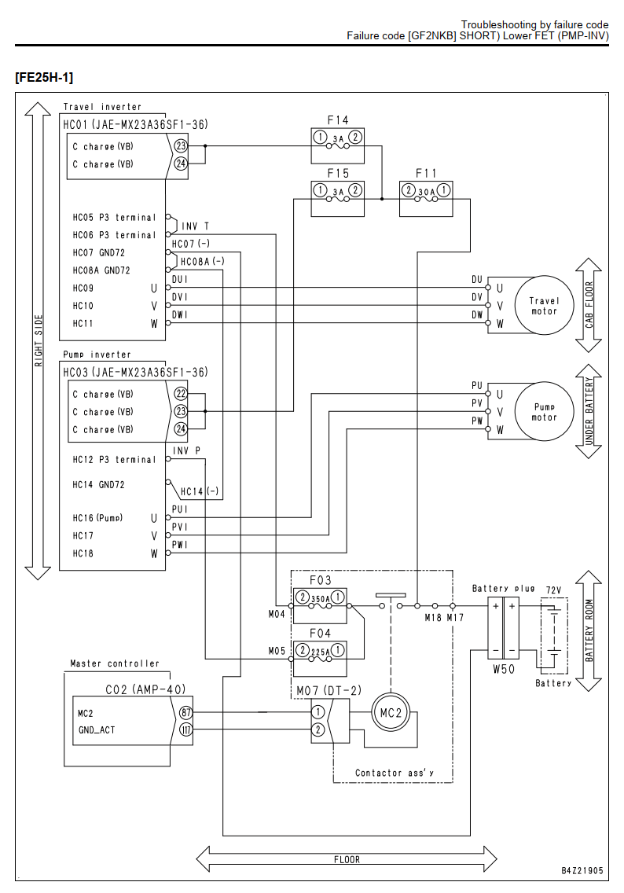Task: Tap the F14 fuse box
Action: pyautogui.click(x=338, y=145)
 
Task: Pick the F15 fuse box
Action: pyautogui.click(x=338, y=199)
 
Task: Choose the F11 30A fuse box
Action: pyautogui.click(x=426, y=199)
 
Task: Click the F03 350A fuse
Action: pyautogui.click(x=320, y=605)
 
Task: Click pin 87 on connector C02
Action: pyautogui.click(x=185, y=712)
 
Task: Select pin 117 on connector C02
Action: pyautogui.click(x=185, y=729)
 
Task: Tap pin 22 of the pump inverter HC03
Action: pyautogui.click(x=181, y=394)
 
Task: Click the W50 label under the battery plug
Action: pyautogui.click(x=504, y=669)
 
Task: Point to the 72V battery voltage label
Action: pyautogui.click(x=553, y=590)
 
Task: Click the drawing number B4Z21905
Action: pyautogui.click(x=582, y=870)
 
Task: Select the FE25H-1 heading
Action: pyautogui.click(x=44, y=78)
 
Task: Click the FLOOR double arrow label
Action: pyautogui.click(x=347, y=859)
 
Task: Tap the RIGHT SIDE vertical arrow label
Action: pyautogui.click(x=39, y=340)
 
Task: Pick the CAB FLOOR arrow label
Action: pyautogui.click(x=589, y=305)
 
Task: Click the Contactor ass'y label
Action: pyautogui.click(x=394, y=773)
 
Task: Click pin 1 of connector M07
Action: pyautogui.click(x=318, y=712)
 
